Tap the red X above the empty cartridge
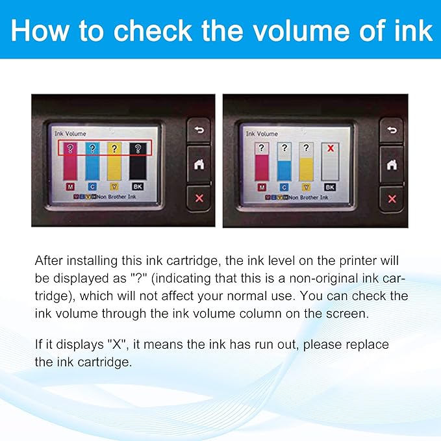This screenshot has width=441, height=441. point(329,149)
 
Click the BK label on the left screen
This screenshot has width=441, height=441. point(137,187)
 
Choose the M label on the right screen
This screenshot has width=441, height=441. point(262,187)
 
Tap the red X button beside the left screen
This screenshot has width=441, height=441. point(199,198)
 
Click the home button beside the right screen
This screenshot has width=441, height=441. point(391,164)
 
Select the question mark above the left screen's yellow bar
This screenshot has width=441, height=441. point(114,149)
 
